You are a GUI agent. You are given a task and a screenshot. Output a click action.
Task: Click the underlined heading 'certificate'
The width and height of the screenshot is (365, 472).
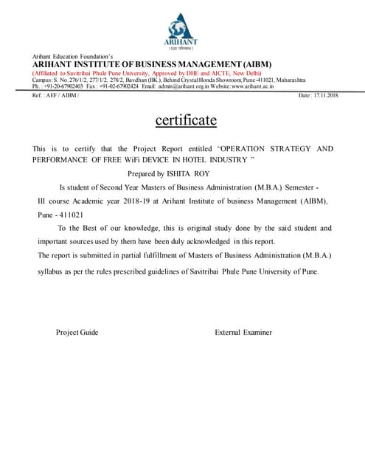pos(186,120)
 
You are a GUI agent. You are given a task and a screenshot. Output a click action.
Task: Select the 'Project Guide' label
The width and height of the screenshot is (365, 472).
pos(77,333)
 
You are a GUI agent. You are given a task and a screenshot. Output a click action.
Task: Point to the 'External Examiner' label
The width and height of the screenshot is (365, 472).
pos(243,333)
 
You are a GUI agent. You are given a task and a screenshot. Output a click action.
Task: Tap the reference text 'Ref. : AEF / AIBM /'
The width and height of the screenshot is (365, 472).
pos(56,96)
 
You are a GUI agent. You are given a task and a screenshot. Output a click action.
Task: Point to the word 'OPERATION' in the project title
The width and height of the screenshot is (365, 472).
pos(250,149)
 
